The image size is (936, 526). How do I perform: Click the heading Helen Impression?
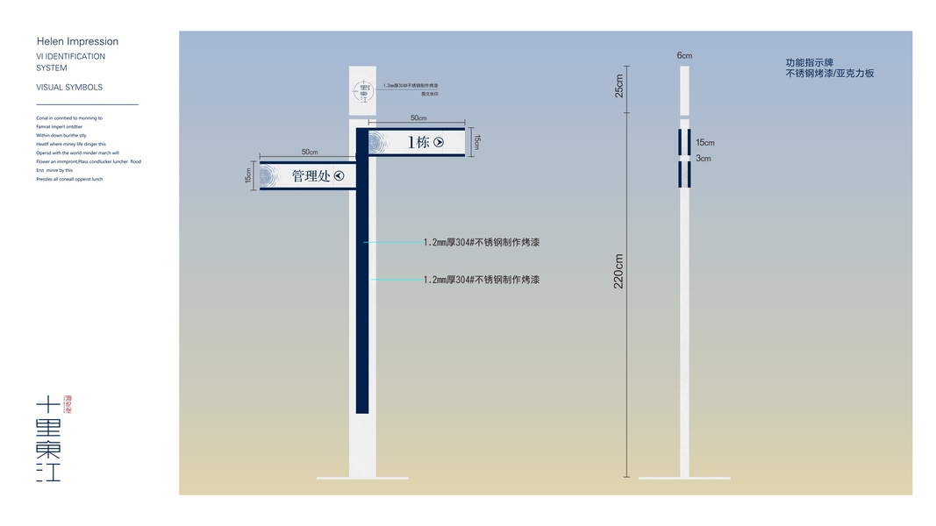[x=77, y=41]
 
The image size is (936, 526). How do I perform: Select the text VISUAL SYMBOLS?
[x=69, y=88]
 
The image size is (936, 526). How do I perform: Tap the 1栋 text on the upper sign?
[x=418, y=142]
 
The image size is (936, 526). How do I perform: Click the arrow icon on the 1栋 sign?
[x=439, y=142]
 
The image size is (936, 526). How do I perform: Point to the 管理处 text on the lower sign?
[x=311, y=176]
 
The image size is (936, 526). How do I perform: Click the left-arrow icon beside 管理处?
[x=339, y=176]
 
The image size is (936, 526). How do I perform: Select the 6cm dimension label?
[x=684, y=56]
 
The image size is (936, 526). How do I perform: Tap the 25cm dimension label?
[x=619, y=85]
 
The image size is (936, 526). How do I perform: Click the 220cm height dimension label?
[x=618, y=272]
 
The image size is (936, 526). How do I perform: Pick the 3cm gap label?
[x=703, y=159]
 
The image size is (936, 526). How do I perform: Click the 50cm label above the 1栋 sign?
[x=418, y=118]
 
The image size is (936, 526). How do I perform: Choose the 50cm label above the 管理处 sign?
[x=310, y=153]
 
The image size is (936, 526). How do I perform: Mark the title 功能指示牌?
[x=809, y=63]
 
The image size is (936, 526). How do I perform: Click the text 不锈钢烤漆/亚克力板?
[x=830, y=74]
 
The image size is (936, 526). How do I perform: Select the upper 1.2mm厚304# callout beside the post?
[x=481, y=242]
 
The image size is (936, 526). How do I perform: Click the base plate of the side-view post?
[x=684, y=478]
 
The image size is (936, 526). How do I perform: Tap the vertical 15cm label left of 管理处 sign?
[x=249, y=175]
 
